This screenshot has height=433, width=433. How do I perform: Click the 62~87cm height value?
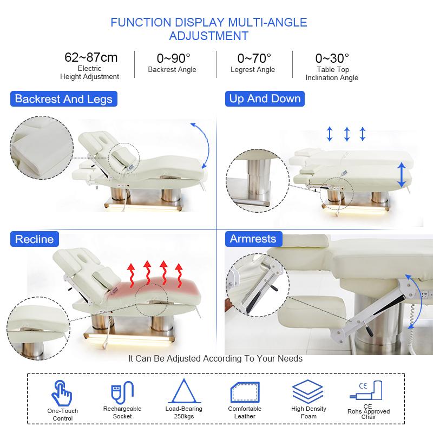coord(91,57)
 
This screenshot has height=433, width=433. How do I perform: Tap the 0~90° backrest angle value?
coord(173,58)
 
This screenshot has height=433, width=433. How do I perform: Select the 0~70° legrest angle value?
coord(254,58)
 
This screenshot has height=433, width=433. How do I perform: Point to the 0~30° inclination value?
coord(332,58)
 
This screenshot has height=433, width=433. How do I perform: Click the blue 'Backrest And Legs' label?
coord(64,99)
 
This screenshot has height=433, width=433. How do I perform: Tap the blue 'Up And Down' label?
coord(265,99)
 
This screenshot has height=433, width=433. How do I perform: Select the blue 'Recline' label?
coord(35,239)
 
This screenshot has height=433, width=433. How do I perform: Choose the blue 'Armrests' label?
coord(253,239)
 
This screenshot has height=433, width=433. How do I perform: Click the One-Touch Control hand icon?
coord(62,392)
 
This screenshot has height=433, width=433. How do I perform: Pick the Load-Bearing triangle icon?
coord(184,391)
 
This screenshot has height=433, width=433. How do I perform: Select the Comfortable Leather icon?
coord(245,392)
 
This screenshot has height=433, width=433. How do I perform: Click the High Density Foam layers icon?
coord(307,391)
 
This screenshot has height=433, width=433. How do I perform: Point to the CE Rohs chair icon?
coord(366,390)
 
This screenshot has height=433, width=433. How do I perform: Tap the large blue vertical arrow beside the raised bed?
coord(402,175)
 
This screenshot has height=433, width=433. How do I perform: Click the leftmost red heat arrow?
coord(132,275)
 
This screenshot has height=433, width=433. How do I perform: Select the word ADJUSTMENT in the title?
coord(209,36)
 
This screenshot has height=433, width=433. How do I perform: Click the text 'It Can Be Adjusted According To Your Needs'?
coord(215,358)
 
